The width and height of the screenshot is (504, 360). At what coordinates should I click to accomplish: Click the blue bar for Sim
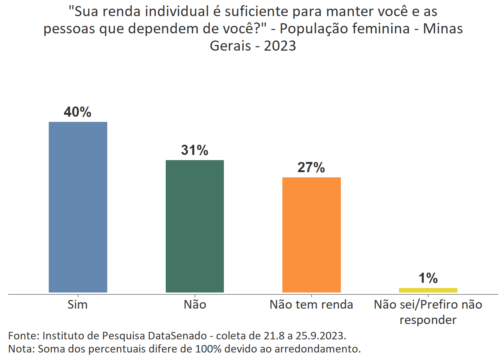click(78, 207)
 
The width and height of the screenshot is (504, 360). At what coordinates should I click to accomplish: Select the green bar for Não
click(195, 226)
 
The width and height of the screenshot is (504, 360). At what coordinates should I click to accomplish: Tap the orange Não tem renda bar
click(311, 235)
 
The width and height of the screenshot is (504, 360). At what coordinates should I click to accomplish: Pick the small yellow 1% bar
click(428, 290)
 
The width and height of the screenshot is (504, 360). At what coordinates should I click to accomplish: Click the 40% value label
click(78, 112)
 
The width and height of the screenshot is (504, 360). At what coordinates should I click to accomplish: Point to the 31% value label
click(195, 150)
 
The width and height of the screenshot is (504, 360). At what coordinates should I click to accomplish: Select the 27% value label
click(311, 168)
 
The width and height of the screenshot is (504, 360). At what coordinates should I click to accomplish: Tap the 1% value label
click(428, 278)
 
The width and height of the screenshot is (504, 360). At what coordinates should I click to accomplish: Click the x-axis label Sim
click(78, 304)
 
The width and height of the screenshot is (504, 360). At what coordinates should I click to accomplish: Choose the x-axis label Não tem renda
click(311, 304)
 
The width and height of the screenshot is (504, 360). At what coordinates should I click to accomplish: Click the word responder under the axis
click(428, 320)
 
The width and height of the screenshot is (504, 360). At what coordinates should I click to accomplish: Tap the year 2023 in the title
click(280, 46)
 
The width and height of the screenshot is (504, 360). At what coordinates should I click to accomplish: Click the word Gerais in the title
click(230, 46)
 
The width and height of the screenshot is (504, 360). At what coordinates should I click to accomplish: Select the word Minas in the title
click(443, 29)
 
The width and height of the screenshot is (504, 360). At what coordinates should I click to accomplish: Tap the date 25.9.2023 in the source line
click(320, 335)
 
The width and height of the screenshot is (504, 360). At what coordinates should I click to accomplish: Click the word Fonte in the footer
click(23, 335)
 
